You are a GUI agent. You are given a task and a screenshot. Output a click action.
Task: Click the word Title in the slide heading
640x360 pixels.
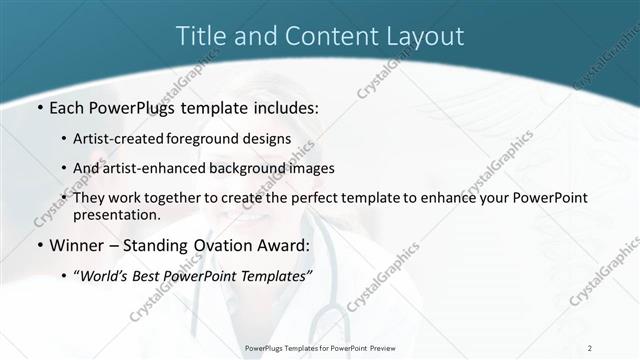coord(199,36)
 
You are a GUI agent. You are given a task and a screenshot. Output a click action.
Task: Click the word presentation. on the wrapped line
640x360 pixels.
coord(117,215)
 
